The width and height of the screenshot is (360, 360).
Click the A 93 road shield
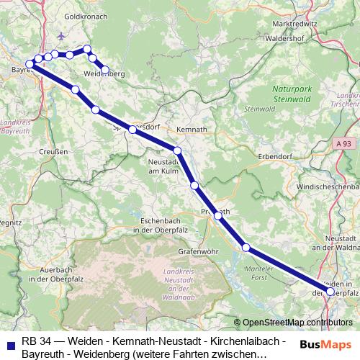[347, 144]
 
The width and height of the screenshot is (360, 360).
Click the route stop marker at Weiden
[330, 292]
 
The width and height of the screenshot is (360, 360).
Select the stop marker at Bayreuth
[30, 65]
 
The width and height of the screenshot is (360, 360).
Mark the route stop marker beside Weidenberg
[105, 70]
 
